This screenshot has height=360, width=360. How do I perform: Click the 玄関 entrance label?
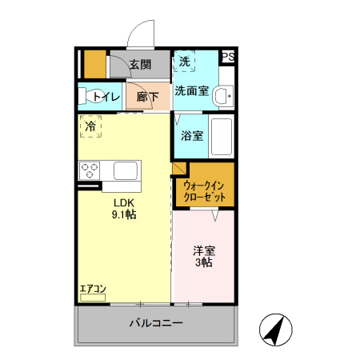[141, 65]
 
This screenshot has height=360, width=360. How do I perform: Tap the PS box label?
[228, 57]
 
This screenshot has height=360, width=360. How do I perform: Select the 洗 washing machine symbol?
[185, 62]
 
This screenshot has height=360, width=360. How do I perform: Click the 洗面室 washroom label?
[192, 90]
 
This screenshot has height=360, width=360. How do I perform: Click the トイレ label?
[106, 97]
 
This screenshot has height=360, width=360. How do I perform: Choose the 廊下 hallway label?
[147, 97]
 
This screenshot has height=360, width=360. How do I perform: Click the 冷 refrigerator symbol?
[90, 126]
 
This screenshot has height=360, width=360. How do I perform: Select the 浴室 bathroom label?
[192, 136]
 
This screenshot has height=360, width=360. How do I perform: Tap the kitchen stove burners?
[90, 170]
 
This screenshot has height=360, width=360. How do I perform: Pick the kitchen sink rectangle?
[126, 170]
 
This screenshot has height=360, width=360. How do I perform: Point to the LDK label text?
[123, 202]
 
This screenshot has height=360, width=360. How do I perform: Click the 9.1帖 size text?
[123, 214]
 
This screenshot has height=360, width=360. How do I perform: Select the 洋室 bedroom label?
[205, 250]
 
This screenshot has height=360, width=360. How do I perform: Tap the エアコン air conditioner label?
[93, 289]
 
